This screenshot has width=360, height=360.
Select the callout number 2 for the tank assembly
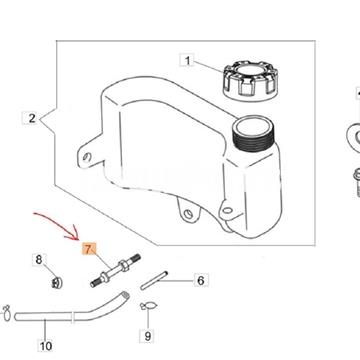[x=33, y=119]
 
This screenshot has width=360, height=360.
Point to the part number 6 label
[x=200, y=281]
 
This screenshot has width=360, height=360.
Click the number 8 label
[x=40, y=260]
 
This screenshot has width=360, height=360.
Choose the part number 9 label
[x=147, y=335]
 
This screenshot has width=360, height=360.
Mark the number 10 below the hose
[x=44, y=347]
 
